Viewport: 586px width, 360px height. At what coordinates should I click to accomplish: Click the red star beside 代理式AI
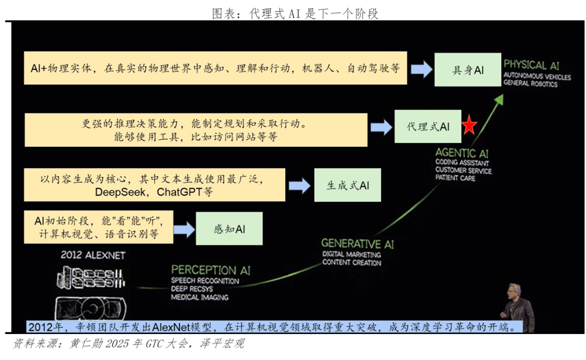(469, 126)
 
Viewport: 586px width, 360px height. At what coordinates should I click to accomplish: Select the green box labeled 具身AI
(467, 70)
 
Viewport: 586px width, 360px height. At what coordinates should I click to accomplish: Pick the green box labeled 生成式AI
(347, 185)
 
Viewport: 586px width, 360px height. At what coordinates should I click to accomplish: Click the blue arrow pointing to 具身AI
(421, 69)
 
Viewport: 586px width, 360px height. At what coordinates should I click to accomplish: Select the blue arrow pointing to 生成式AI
(300, 186)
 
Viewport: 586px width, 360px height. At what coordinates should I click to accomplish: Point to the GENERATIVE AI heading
(358, 244)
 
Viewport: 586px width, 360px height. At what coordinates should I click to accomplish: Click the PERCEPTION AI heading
(211, 269)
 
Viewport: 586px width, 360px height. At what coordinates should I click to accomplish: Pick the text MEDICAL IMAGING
(199, 297)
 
